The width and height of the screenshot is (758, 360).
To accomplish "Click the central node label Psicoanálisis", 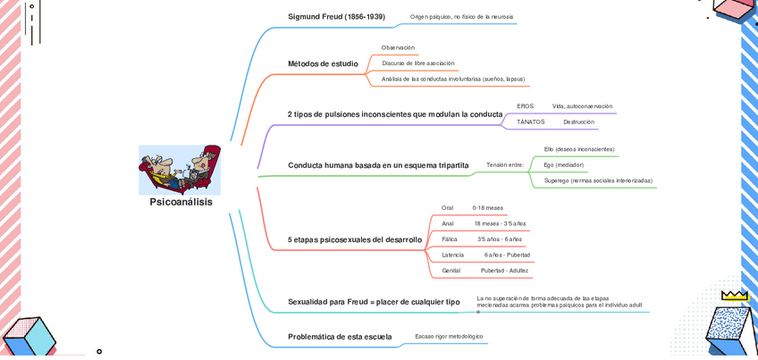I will pos(181,203).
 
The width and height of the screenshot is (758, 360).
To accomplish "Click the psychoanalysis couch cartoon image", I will pos(180,169).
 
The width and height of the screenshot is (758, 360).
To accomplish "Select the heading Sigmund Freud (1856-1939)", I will pos(336,17).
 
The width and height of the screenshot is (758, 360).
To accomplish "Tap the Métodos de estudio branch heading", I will pos(323,64).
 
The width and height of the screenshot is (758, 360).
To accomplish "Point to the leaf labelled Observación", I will pos(398,47).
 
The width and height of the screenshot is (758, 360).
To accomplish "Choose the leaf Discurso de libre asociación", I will pos(418,63).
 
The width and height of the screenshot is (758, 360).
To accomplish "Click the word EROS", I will pos(525,106).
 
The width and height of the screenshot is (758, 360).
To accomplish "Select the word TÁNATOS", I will pos(530,121).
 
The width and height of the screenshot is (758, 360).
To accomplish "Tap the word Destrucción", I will pos(578,121).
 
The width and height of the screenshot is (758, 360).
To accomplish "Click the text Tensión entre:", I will pos(504,165).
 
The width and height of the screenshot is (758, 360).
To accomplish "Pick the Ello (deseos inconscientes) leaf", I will pos(579,149).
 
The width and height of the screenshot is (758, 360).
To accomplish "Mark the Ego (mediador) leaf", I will pos(563,165).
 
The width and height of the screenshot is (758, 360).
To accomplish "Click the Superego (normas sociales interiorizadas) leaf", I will pos(598,180).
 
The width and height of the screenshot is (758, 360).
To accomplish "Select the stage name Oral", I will pos(447,208).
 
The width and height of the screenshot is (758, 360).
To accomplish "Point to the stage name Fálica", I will pos(449,239).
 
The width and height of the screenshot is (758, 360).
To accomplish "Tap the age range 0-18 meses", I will pos(487,208).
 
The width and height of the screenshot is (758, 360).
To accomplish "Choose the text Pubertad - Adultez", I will pos(504,270).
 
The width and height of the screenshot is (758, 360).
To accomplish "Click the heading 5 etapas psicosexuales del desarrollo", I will pos(354,239).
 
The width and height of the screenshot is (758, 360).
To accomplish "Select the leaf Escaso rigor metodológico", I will pos(449,336).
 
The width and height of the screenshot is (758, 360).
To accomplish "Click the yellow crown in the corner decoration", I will pos(734,294).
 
